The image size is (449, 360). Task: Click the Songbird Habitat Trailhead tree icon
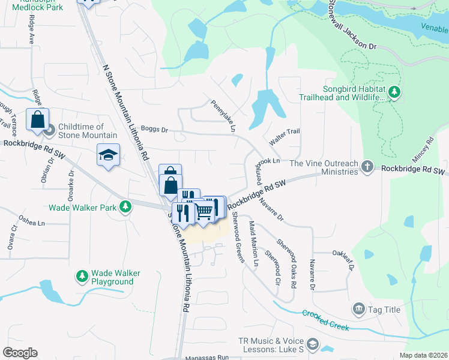(394, 92)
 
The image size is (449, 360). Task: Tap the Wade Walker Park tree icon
(125, 208)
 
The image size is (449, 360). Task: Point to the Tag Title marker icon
(359, 309)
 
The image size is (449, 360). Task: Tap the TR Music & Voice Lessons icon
(312, 344)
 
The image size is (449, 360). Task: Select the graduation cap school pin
(108, 155)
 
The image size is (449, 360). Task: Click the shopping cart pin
(204, 211)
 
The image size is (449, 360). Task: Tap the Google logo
(20, 353)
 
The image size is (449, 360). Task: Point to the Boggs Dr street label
(154, 130)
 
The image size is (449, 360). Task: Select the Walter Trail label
(284, 136)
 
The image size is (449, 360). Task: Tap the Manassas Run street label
(208, 356)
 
